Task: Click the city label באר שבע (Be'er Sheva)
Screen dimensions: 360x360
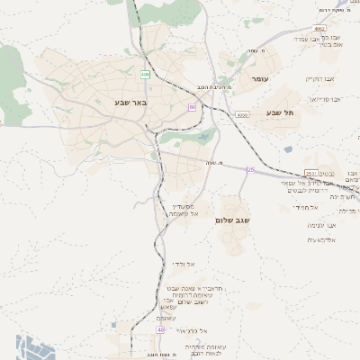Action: [130, 103]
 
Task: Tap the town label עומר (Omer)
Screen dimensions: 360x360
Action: [261, 80]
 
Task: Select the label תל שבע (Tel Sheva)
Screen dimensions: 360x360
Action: [281, 112]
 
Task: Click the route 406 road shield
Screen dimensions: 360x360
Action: [145, 75]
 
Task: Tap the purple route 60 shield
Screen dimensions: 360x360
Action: [192, 107]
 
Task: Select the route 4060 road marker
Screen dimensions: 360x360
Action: [244, 115]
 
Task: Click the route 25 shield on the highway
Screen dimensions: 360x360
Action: [252, 169]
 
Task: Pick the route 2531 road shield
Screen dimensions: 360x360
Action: [311, 174]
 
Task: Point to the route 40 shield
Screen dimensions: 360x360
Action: [161, 330]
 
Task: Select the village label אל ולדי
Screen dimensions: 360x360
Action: [184, 264]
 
